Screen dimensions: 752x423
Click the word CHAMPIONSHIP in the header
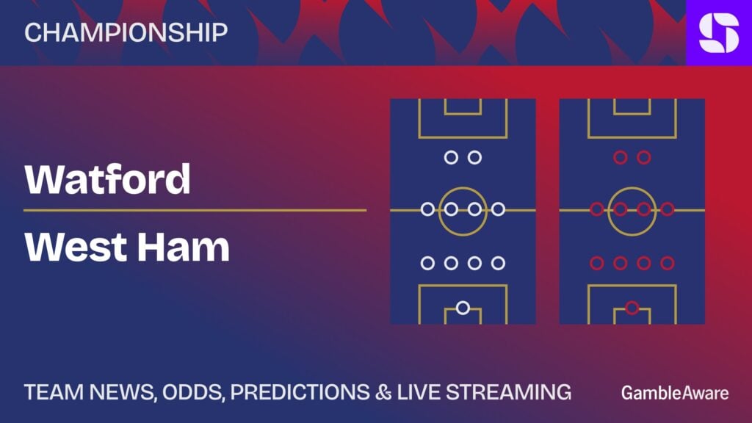pos(126,32)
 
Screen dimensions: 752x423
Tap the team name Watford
pos(107,179)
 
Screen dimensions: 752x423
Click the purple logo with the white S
pos(719,32)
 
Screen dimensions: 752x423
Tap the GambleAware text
pos(675,394)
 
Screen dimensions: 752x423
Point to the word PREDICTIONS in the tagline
pos(300,392)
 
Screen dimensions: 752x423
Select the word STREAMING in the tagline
pos(509,392)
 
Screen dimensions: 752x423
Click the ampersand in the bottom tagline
pos(383,392)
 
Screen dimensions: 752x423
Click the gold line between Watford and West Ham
pos(195,210)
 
